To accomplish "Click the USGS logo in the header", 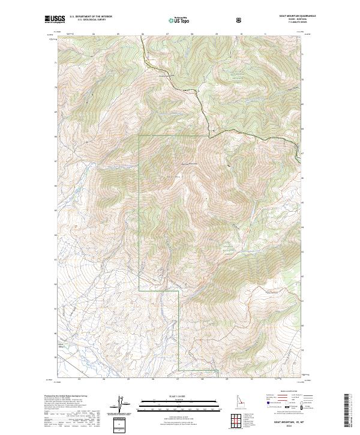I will (55, 20).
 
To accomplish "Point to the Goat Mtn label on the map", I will (173, 176).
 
